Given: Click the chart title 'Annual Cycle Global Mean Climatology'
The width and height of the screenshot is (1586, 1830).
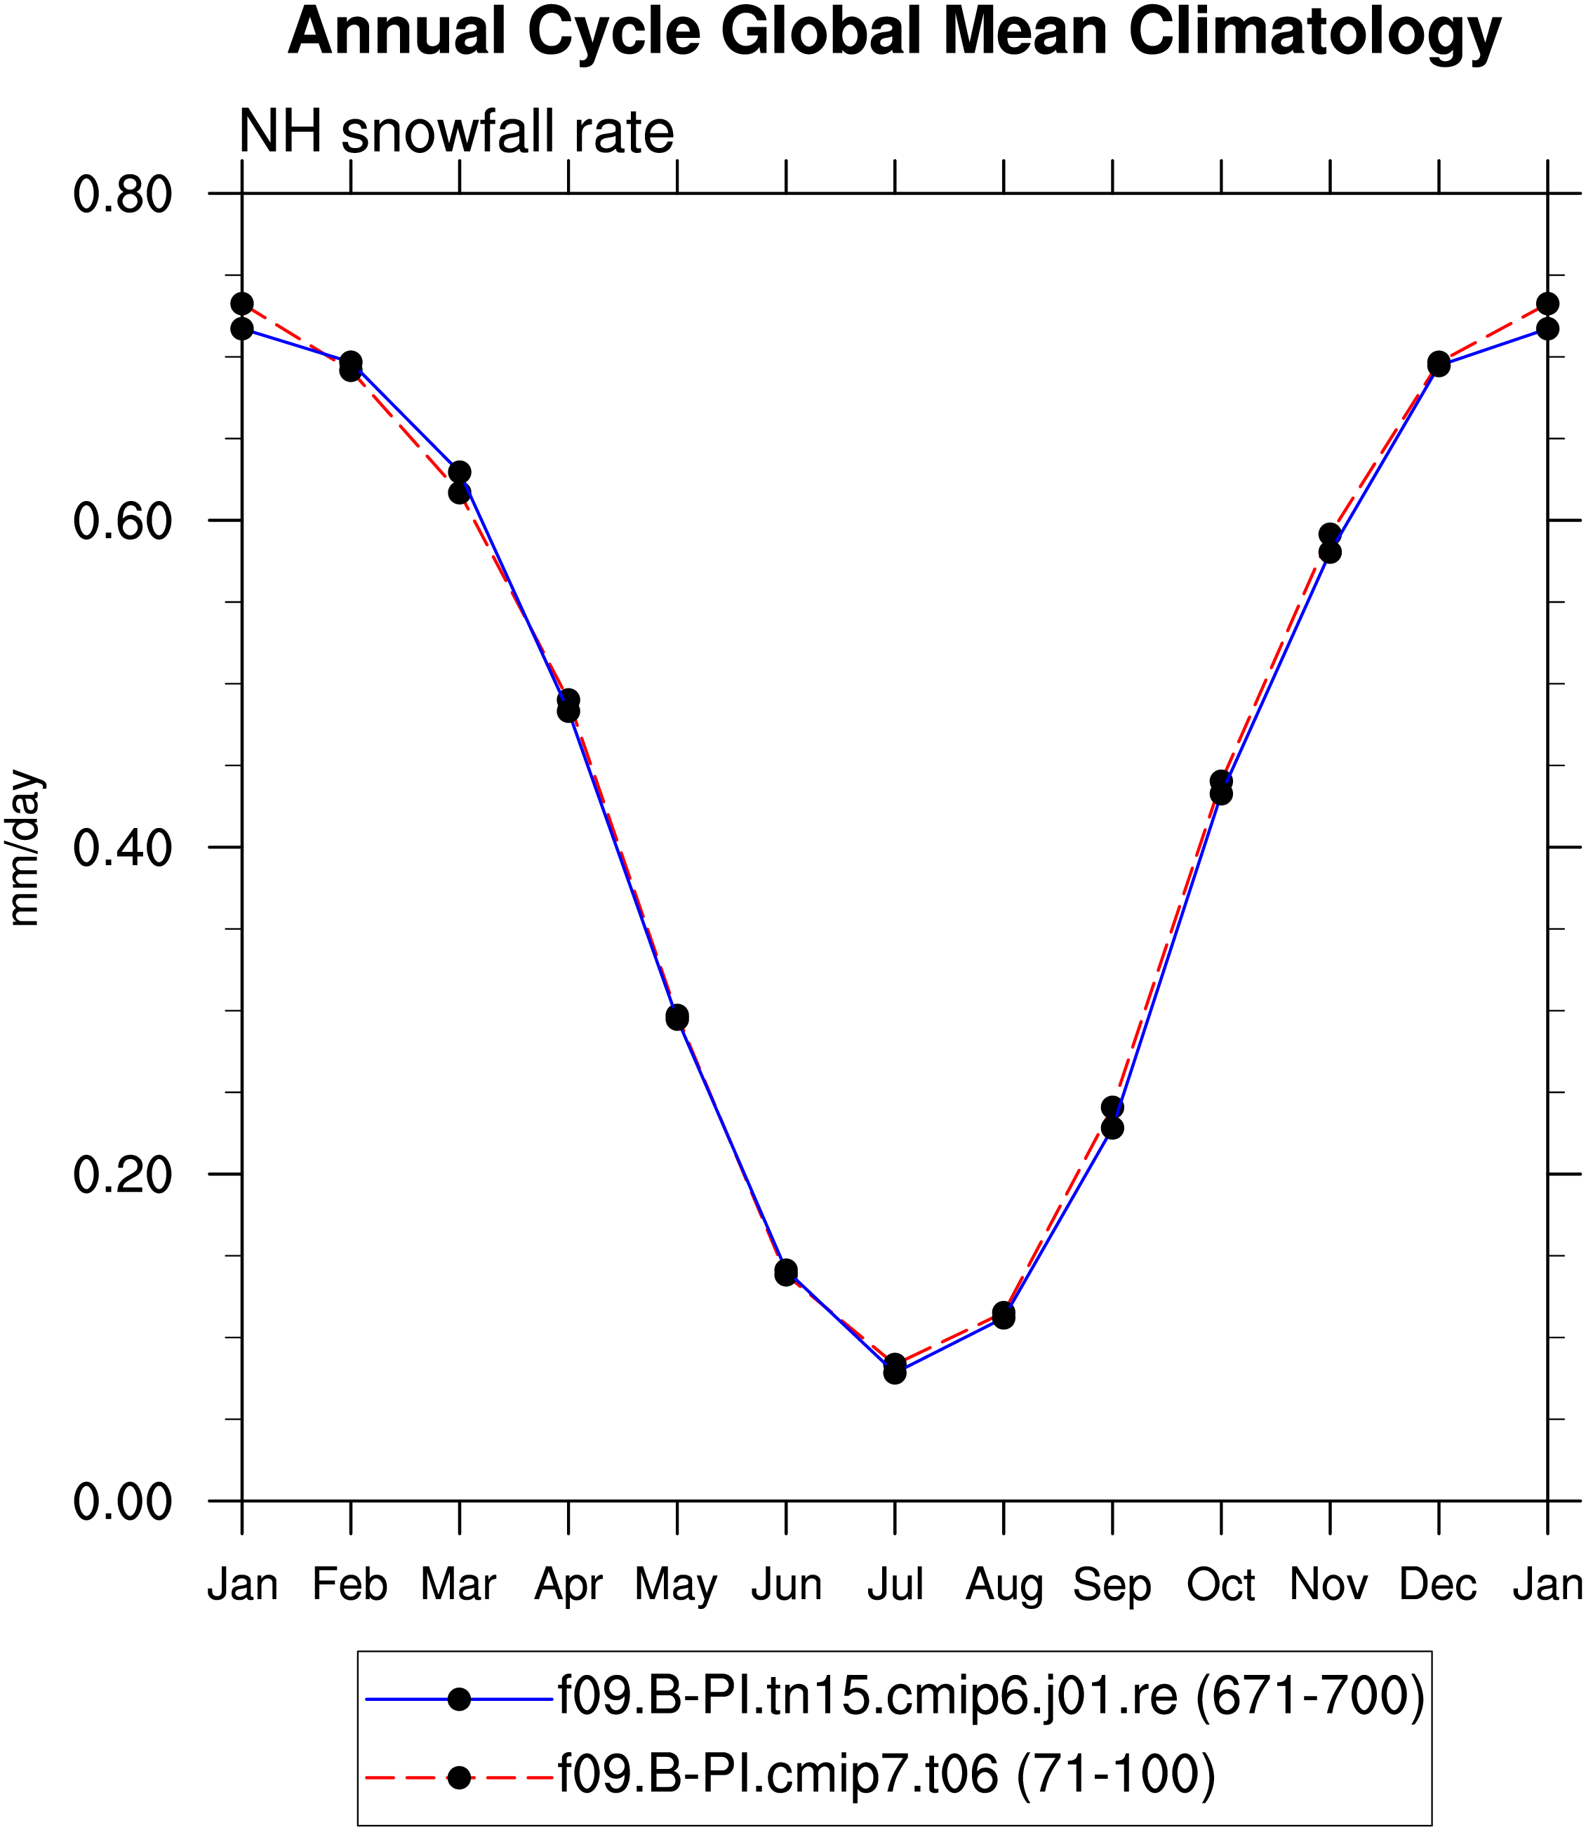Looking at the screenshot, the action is (895, 34).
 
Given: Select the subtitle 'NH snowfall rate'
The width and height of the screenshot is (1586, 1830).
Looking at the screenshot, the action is (457, 133).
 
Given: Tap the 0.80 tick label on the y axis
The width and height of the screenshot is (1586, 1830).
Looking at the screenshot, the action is (122, 194).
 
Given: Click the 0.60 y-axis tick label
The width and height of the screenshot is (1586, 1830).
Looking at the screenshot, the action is (122, 521).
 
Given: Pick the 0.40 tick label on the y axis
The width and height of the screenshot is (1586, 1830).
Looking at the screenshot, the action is (122, 848).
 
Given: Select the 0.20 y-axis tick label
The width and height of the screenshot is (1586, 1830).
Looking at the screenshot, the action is (122, 1176).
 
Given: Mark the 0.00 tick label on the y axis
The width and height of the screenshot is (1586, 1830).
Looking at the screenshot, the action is (122, 1502).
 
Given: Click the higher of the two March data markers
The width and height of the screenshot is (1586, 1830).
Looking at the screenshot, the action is (460, 472).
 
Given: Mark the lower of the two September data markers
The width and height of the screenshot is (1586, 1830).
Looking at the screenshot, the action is (1112, 1128).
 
